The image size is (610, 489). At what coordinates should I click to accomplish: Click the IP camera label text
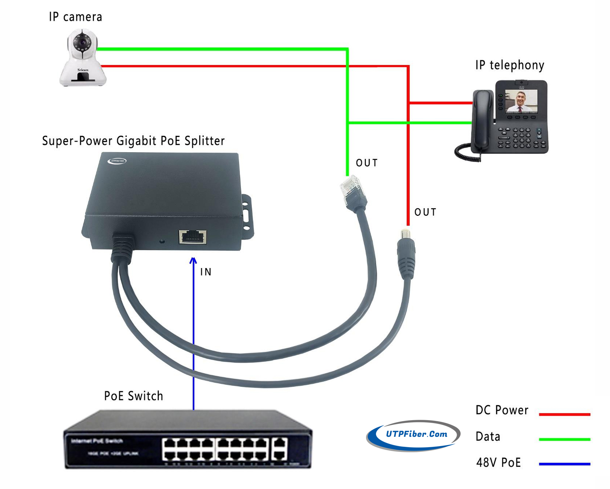tap(76, 17)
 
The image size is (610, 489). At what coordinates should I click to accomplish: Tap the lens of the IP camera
tap(82, 42)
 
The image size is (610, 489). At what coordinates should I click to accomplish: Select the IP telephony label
tap(510, 65)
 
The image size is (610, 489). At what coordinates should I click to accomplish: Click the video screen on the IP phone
tap(521, 101)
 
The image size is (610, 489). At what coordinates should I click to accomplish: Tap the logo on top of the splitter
tap(117, 161)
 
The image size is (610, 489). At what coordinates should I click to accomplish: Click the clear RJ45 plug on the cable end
tap(350, 186)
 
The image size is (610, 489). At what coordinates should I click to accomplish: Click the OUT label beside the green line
tap(367, 163)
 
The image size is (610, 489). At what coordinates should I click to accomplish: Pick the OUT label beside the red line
tap(425, 212)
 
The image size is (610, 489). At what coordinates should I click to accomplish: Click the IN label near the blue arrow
tap(206, 272)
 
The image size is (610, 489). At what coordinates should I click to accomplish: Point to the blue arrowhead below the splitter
tap(193, 260)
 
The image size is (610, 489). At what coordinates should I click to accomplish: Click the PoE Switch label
tap(134, 396)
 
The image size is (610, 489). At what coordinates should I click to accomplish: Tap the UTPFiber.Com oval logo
tap(414, 435)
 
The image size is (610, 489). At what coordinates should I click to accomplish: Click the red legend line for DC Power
tap(564, 414)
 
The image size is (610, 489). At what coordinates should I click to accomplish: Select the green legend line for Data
tap(564, 439)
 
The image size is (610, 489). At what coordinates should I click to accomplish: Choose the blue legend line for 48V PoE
tap(564, 464)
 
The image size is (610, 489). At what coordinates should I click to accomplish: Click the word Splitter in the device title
tap(204, 141)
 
